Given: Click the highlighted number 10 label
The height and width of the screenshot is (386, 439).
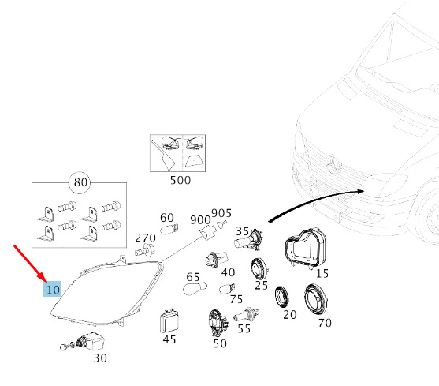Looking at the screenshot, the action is [52, 289].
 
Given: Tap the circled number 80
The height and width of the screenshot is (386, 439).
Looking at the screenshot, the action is [80, 182].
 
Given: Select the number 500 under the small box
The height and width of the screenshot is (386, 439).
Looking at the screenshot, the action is [180, 180].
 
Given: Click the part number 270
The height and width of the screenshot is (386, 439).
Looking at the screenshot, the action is [145, 238].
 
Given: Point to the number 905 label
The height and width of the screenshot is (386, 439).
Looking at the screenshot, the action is [221, 213].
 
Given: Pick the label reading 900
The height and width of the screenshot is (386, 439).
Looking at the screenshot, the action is [200, 220].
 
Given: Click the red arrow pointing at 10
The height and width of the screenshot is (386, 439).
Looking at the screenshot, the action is [30, 264].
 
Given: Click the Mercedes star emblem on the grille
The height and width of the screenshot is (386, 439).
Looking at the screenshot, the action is [333, 163].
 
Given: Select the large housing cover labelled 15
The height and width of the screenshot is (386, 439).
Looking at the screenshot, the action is [305, 249].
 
